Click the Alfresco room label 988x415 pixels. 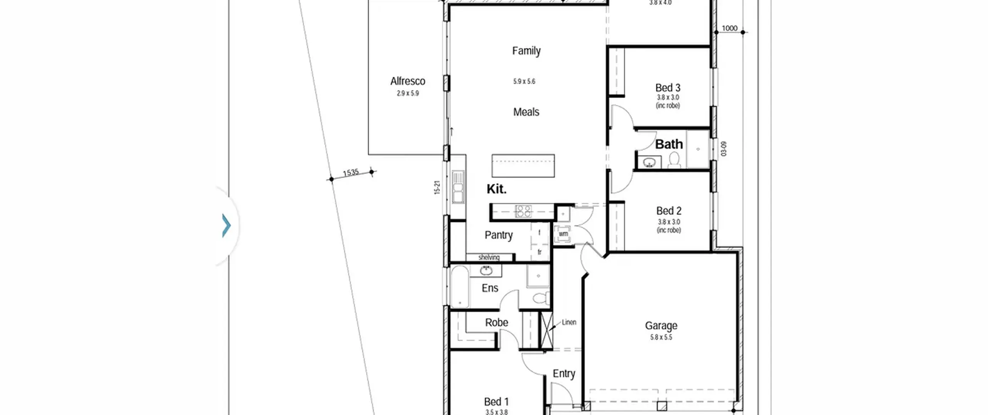408,81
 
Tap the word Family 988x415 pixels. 526,51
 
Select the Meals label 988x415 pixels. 526,112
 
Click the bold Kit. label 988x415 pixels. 496,189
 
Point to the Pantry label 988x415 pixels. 499,235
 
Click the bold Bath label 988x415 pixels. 669,144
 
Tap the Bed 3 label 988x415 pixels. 668,88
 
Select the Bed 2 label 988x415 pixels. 669,211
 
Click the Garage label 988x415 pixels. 661,326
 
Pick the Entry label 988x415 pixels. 564,374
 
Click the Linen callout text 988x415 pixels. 569,322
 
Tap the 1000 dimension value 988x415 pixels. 729,28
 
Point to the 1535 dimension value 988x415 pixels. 351,173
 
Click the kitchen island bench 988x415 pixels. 523,166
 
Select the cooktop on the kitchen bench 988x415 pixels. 523,211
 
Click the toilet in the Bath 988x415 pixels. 674,160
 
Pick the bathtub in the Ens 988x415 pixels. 460,286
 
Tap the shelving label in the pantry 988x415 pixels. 489,257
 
